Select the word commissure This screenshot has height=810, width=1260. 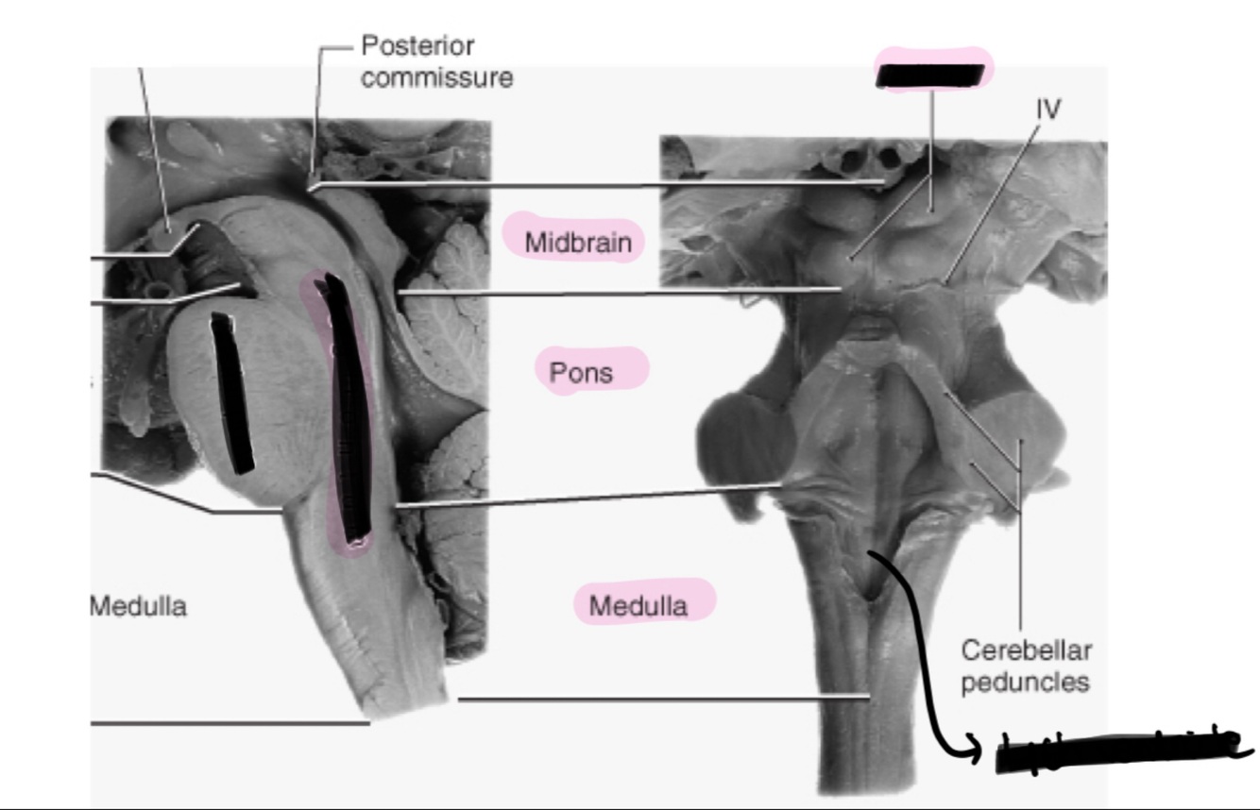pyautogui.click(x=436, y=77)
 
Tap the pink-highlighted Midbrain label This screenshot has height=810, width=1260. pyautogui.click(x=578, y=243)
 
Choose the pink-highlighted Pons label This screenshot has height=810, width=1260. pyautogui.click(x=581, y=372)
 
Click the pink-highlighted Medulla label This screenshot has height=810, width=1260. pyautogui.click(x=638, y=605)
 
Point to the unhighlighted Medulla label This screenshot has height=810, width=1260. pyautogui.click(x=138, y=606)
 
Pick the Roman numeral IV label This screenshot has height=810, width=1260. pyautogui.click(x=1047, y=110)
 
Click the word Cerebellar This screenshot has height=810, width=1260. pyautogui.click(x=1013, y=650)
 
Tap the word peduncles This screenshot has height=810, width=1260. pyautogui.click(x=1025, y=681)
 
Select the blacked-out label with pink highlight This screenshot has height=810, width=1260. pyautogui.click(x=932, y=74)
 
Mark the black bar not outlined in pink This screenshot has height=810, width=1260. pyautogui.click(x=231, y=392)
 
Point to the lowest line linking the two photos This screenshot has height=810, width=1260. pyautogui.click(x=661, y=700)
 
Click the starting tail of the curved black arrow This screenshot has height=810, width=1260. pyautogui.click(x=871, y=555)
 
